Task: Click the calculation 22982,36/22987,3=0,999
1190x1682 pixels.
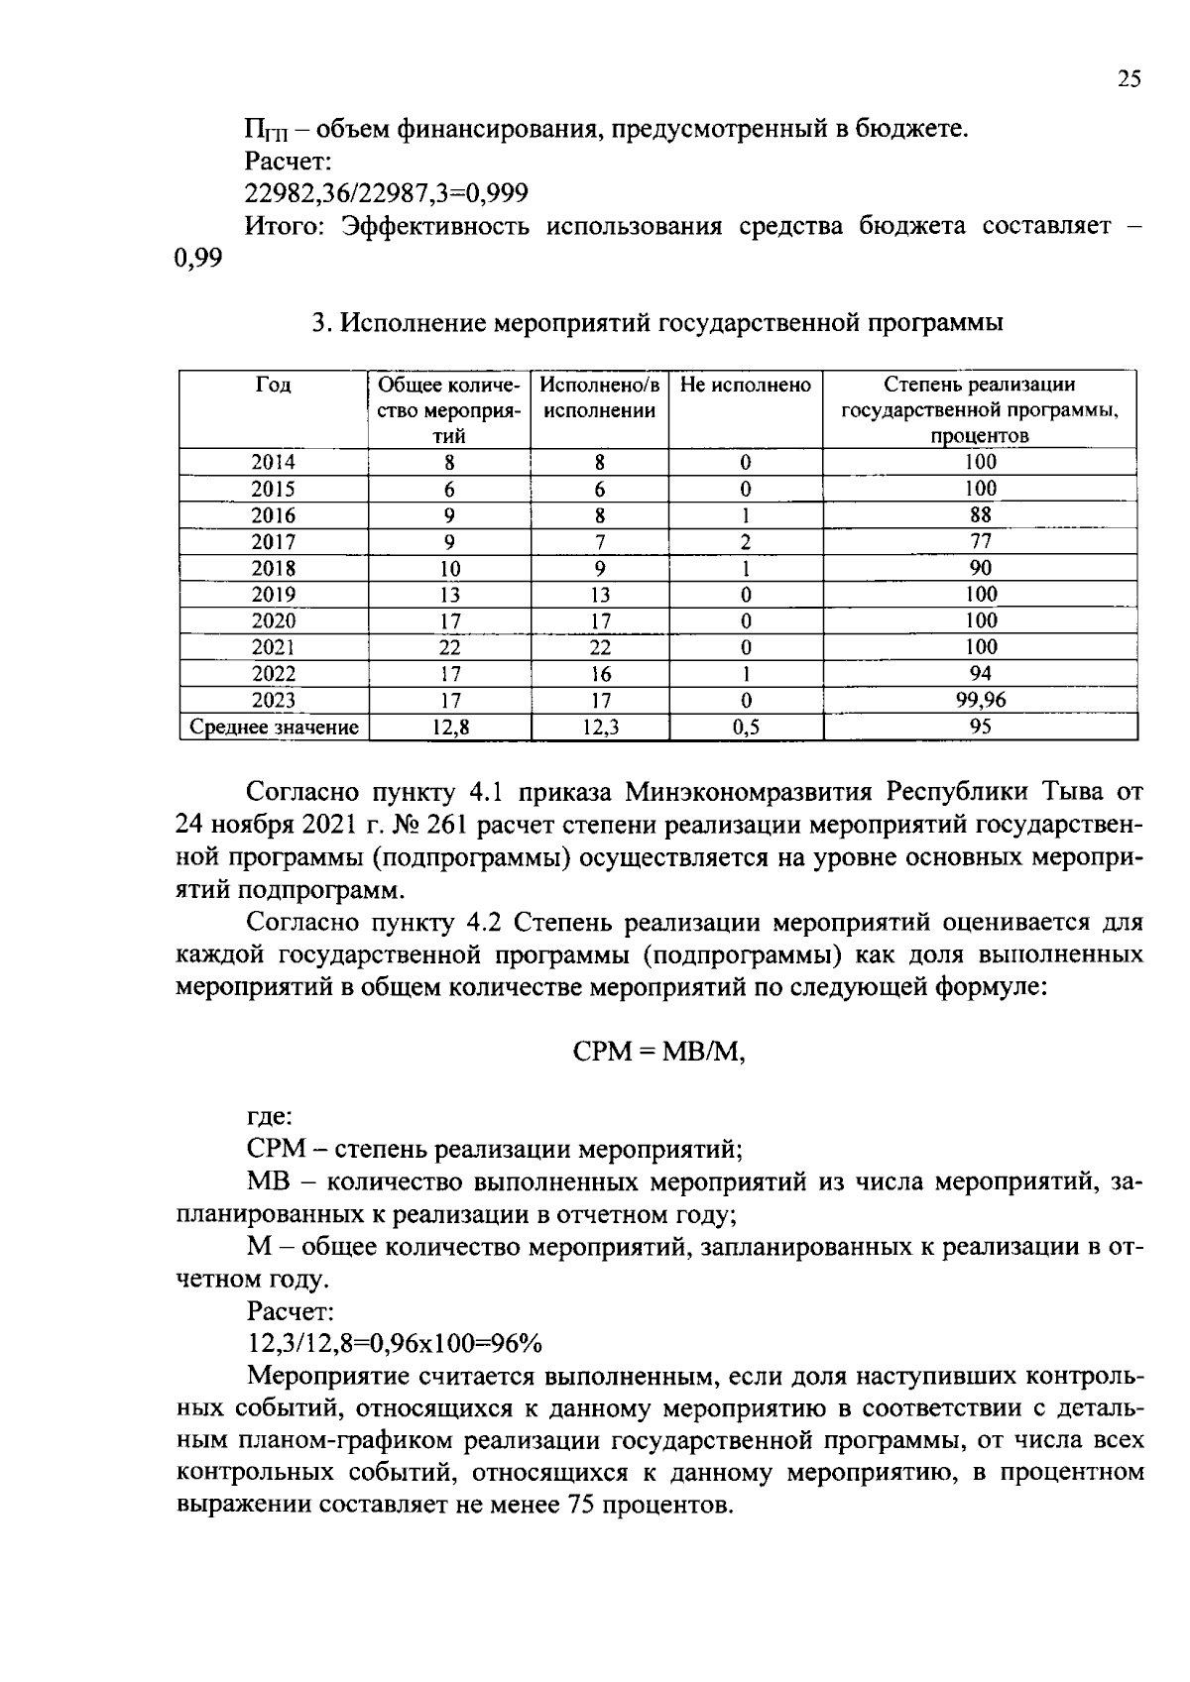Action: [x=387, y=192]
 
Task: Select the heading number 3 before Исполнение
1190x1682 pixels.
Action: [x=318, y=323]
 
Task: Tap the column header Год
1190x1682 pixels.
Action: [x=273, y=385]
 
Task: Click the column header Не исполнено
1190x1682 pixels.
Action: [x=746, y=385]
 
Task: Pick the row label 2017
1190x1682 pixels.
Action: [x=273, y=542]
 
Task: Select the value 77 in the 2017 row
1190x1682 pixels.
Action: [x=980, y=541]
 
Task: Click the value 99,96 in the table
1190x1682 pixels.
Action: [x=980, y=701]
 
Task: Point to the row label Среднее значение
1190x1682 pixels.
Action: [x=274, y=728]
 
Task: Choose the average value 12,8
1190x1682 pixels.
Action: [x=449, y=728]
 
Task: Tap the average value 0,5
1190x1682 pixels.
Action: [x=746, y=728]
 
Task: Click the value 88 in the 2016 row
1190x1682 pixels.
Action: [x=980, y=514]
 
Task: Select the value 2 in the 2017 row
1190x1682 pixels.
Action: [x=746, y=542]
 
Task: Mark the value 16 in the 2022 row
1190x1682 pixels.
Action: [x=600, y=675]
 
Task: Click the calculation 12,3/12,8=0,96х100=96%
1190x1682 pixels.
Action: [x=395, y=1344]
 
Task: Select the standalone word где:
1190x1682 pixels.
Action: [x=269, y=1117]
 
